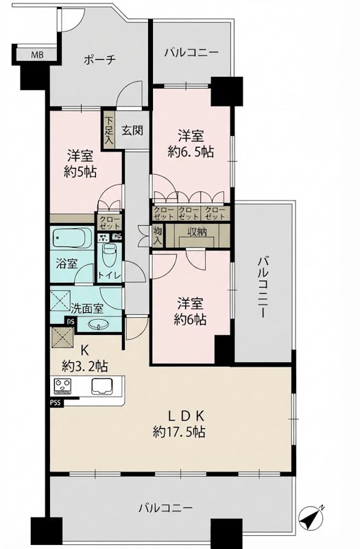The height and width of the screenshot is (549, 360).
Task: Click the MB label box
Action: point(36,55)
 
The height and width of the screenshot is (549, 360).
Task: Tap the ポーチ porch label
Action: point(99,60)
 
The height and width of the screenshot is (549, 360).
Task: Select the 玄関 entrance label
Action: point(132,130)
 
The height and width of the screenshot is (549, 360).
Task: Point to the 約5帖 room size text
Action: point(80,172)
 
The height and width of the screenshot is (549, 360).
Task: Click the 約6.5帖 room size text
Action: point(191,151)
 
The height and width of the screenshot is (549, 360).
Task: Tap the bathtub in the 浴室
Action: point(73,237)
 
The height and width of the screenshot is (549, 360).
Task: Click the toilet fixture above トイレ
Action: point(110,253)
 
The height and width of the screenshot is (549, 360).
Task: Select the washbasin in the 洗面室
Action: point(99,325)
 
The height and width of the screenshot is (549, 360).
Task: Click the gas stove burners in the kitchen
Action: point(62,386)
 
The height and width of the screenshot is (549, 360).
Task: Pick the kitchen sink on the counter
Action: point(101,386)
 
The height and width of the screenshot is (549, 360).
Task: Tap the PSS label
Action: point(56,403)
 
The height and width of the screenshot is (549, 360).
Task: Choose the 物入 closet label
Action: point(158,235)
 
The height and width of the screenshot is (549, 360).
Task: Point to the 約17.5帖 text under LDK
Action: point(179,432)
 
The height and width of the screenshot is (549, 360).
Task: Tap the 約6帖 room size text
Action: point(191,319)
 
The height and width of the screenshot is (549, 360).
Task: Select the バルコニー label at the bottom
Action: point(165,508)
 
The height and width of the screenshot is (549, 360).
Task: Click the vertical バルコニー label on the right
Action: point(263,287)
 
